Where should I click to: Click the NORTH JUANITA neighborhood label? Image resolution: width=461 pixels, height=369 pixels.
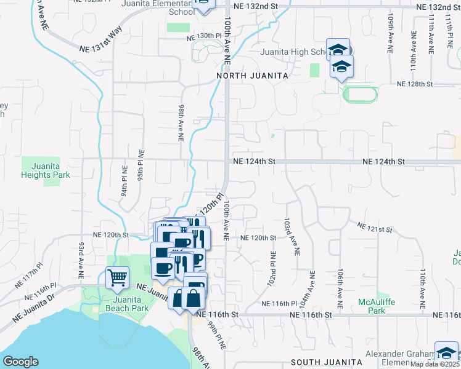point(252,75)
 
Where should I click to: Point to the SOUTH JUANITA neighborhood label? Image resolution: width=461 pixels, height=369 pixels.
point(325,362)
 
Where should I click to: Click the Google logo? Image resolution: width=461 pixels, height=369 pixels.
point(20,361)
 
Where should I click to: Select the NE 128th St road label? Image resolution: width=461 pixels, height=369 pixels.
point(415,84)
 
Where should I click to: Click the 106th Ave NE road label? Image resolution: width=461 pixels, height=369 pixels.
point(340,288)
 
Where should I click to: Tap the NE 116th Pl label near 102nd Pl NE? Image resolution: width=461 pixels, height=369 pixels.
point(279,304)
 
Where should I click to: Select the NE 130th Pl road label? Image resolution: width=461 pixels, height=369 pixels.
point(204,36)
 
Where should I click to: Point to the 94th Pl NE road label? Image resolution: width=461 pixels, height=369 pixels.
point(123,182)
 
